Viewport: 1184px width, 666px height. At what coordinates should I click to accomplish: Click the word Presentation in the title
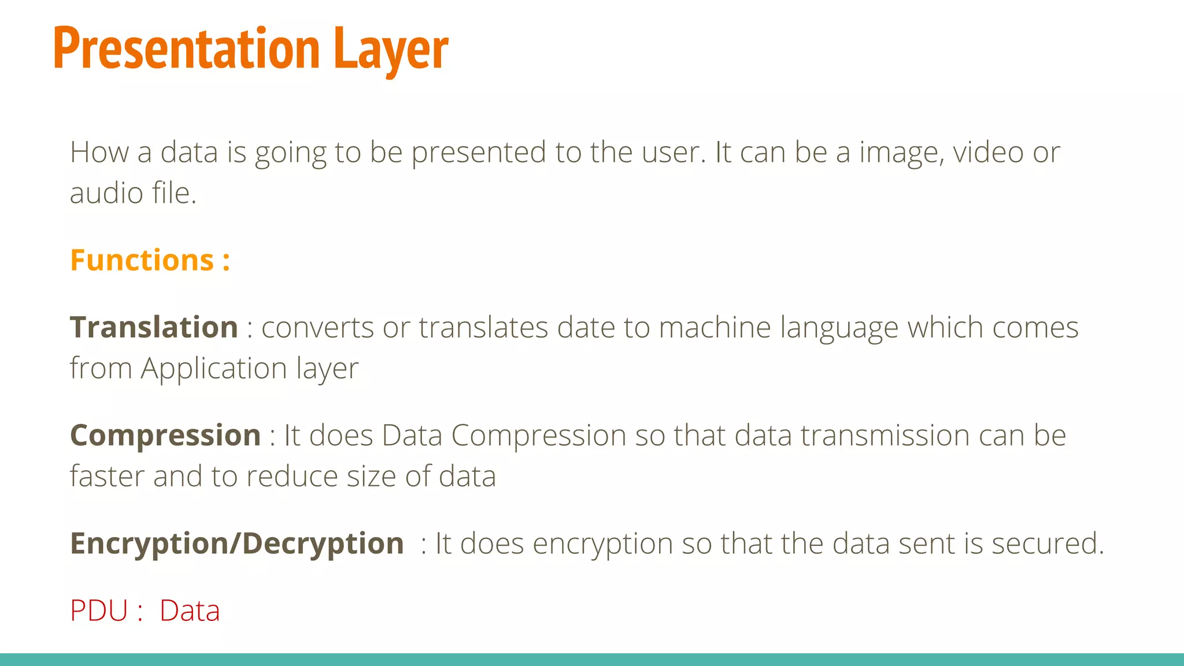(186, 49)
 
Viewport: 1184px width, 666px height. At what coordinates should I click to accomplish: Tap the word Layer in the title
(391, 51)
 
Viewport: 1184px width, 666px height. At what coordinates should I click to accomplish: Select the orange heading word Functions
(142, 260)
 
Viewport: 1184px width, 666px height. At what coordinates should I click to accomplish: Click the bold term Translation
(154, 327)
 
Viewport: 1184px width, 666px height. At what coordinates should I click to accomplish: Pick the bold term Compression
(165, 435)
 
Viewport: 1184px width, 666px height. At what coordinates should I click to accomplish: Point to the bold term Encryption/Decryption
(237, 543)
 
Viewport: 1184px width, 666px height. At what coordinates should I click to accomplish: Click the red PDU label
(99, 610)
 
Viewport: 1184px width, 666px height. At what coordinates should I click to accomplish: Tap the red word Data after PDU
(190, 610)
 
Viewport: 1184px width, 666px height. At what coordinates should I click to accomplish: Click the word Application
(214, 369)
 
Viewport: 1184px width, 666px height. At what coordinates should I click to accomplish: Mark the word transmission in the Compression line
(885, 435)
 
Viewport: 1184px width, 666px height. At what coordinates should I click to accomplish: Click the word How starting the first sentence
(99, 152)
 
